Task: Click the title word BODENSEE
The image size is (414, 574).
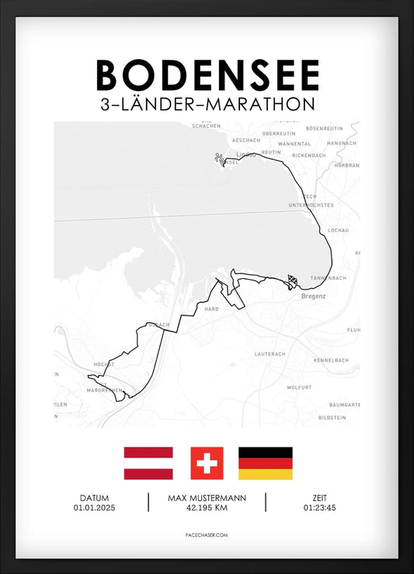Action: click(x=207, y=75)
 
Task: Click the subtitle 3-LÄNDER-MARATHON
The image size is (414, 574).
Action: click(x=207, y=104)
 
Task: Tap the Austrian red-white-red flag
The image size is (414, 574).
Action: click(x=148, y=463)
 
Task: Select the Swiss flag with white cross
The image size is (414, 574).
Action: click(x=207, y=463)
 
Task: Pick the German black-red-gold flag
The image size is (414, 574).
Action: click(x=265, y=463)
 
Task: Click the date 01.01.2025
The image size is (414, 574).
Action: click(x=94, y=508)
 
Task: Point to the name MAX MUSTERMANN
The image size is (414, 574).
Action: click(x=207, y=498)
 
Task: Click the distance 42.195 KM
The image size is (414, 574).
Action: click(x=207, y=508)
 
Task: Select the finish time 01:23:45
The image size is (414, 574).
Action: click(x=319, y=508)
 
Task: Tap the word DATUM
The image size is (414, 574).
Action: click(x=94, y=498)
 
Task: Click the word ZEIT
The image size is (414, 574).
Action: click(x=319, y=498)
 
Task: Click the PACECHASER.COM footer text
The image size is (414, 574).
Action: click(x=207, y=535)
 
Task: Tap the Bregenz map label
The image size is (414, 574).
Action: click(x=313, y=296)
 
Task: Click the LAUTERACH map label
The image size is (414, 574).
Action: click(x=270, y=354)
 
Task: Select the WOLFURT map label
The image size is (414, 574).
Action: click(x=299, y=386)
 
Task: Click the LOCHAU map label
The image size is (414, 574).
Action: click(x=339, y=231)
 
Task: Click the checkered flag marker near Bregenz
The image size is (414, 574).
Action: click(x=292, y=281)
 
